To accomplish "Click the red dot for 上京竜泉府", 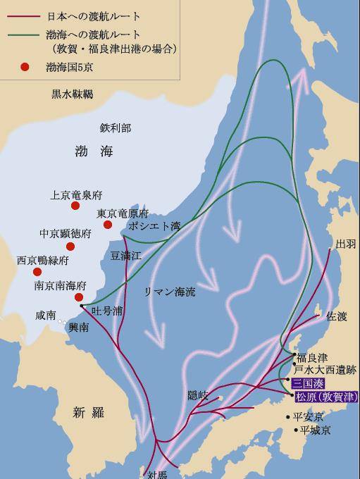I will [x=75, y=206].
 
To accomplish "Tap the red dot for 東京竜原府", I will [x=108, y=225].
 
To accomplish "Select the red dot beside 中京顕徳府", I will [x=70, y=247].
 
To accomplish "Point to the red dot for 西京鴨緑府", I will [x=37, y=272].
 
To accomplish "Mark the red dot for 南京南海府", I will [x=78, y=297].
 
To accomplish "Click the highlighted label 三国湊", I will [x=309, y=382].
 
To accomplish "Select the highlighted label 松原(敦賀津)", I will [x=321, y=397].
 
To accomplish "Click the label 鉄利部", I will [x=116, y=127].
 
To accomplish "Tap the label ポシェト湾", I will [x=154, y=227].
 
